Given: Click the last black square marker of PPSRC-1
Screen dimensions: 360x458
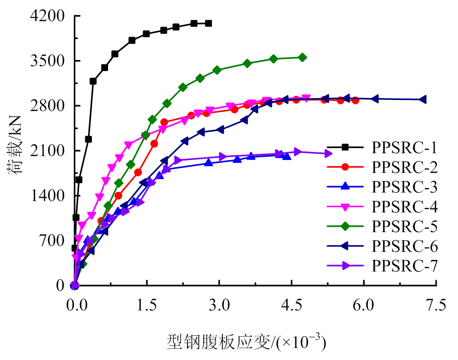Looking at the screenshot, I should [x=209, y=23].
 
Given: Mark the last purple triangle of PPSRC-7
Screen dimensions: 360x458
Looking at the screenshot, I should [x=328, y=153].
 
